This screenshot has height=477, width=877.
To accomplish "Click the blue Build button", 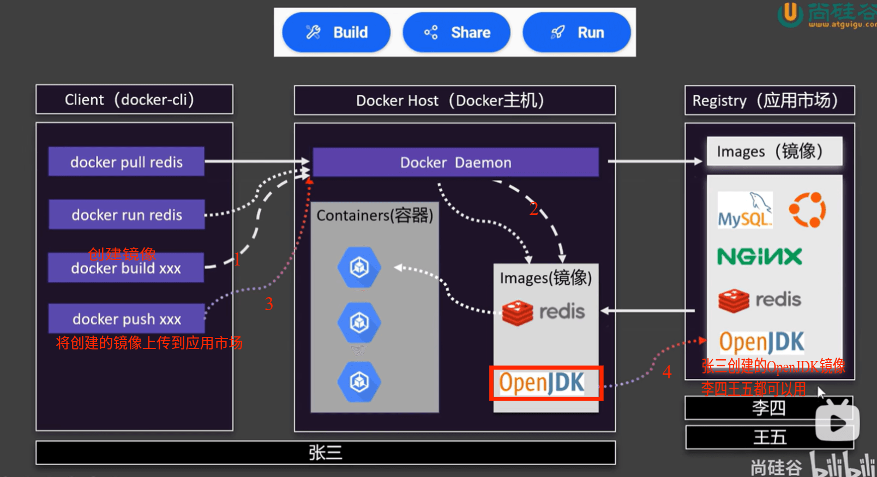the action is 336,32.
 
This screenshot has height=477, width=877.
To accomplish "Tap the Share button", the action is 456,32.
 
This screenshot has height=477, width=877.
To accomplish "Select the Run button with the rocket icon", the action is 576,32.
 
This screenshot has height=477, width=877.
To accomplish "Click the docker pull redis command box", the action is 127,161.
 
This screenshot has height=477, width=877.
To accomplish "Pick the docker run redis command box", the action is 127,214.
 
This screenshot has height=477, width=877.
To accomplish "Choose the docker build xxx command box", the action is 126,268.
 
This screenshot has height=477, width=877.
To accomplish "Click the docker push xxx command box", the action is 127,318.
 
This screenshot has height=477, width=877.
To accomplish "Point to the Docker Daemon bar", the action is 456,162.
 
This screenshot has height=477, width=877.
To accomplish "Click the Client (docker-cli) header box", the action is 134,99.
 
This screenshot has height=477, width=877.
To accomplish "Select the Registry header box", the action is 770,100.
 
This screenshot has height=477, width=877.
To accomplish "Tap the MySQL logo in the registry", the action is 745,210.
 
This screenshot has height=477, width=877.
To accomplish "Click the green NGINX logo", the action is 760,257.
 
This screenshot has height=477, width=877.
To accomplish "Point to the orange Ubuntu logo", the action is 807,210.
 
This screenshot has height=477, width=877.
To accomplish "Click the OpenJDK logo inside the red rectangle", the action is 542,382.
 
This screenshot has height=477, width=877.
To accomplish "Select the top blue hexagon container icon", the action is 359,268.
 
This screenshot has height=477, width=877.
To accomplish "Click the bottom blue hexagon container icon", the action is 359,382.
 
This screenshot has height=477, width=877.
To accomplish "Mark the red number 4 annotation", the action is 667,372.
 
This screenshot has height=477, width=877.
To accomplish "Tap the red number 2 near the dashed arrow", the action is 533,209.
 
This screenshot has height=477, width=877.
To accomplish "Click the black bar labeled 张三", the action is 326,452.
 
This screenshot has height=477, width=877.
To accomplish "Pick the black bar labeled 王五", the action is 770,437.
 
